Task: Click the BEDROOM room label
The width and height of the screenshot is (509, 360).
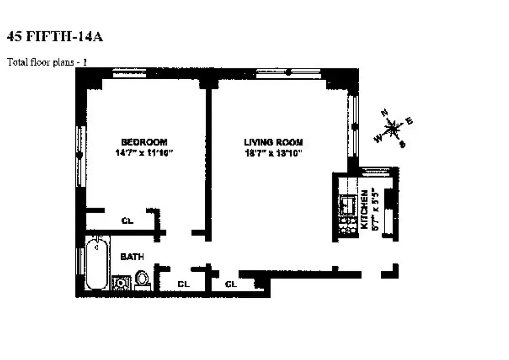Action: [144, 142]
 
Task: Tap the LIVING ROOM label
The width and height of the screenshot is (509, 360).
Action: [273, 142]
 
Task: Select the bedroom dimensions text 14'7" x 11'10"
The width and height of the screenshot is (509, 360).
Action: [144, 153]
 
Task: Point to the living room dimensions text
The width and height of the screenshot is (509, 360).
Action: [273, 153]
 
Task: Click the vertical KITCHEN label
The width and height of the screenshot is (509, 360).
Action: [365, 208]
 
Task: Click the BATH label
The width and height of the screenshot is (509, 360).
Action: [132, 257]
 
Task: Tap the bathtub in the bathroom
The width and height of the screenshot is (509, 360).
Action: [95, 265]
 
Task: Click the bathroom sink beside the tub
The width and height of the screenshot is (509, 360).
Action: [121, 283]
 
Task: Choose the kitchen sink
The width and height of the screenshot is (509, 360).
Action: [346, 205]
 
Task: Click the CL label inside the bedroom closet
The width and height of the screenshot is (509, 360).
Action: [128, 221]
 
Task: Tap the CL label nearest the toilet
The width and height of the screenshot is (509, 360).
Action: [183, 284]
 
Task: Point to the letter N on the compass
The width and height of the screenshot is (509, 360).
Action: [384, 113]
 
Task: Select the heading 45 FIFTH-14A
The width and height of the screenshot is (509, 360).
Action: [55, 37]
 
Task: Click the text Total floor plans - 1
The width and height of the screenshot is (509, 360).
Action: [47, 62]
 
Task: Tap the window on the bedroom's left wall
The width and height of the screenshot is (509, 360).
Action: [81, 156]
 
